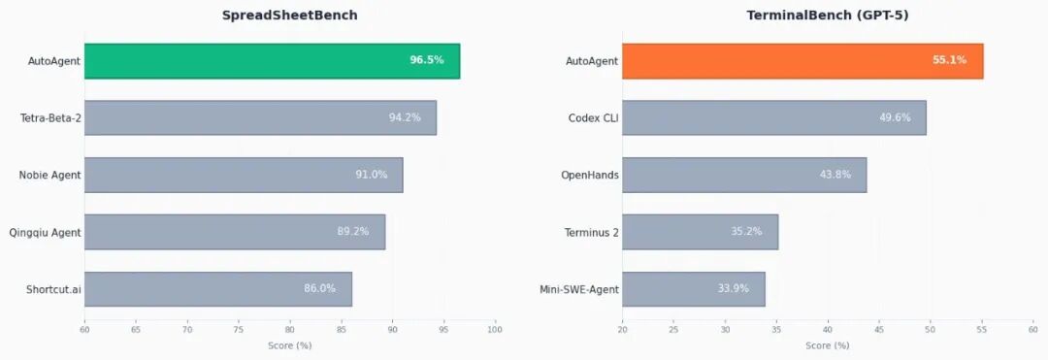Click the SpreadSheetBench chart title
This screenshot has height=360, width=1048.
(x=289, y=16)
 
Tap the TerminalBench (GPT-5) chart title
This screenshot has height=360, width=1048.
(x=827, y=16)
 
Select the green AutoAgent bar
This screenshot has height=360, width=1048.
(x=272, y=61)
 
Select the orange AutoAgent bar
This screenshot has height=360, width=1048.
(x=802, y=61)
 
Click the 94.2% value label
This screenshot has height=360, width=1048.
(x=405, y=117)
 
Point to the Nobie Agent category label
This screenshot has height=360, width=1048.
(x=49, y=175)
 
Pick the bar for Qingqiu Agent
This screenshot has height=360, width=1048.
(x=234, y=232)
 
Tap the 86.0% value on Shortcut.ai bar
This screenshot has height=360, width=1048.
(x=319, y=288)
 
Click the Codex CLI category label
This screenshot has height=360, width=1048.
(x=593, y=117)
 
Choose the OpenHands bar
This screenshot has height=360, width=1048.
(x=743, y=175)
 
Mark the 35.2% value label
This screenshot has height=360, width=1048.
(x=746, y=232)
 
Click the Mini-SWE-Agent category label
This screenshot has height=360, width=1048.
(x=578, y=288)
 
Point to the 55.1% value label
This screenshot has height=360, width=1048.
(x=949, y=60)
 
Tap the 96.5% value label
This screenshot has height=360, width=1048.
(x=427, y=60)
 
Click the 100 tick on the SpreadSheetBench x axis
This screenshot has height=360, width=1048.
(x=495, y=330)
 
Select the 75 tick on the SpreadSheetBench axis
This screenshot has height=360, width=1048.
(x=238, y=330)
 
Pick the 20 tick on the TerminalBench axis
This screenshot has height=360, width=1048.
(x=622, y=330)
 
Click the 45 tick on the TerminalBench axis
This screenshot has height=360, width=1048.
(x=879, y=330)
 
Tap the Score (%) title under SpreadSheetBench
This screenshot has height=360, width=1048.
(x=289, y=345)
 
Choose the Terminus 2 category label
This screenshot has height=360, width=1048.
(x=591, y=232)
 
